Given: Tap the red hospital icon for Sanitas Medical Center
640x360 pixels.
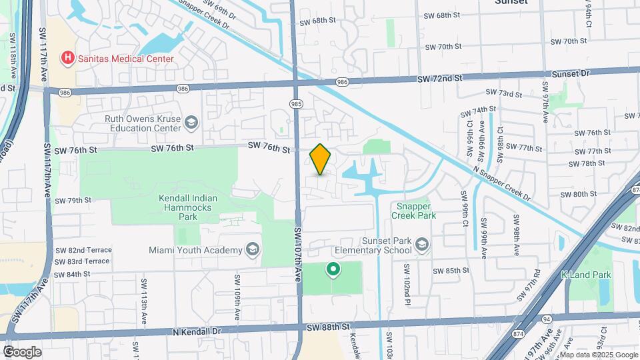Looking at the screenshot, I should tap(67, 59).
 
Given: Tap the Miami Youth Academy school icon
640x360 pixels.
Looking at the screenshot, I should tap(252, 250).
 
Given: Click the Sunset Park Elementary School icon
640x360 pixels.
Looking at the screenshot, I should tap(421, 245).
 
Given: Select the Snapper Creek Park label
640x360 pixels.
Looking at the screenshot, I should tap(413, 211).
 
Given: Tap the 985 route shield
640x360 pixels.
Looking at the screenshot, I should tap(296, 103).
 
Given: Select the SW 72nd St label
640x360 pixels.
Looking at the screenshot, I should tap(440, 79).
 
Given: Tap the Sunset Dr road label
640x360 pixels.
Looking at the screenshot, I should tap(574, 73).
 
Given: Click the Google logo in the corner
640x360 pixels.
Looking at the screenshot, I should tap(22, 351).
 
